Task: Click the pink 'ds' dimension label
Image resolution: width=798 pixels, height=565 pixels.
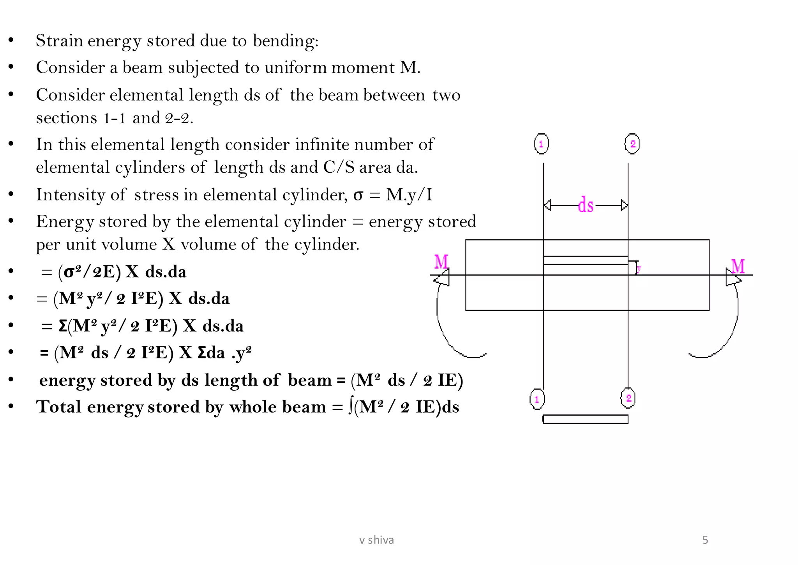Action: tap(586, 205)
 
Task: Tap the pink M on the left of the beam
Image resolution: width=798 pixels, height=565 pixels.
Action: tap(441, 262)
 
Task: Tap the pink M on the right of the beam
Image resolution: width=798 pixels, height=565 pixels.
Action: tap(738, 267)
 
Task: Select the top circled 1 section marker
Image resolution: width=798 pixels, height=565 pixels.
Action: tap(541, 144)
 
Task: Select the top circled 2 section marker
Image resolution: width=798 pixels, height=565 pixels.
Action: tap(632, 144)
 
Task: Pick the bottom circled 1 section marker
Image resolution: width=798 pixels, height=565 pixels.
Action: tap(537, 399)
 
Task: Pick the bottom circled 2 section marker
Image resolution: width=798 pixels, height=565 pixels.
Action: tap(628, 398)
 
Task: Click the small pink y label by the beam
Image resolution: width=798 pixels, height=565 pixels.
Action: tap(639, 268)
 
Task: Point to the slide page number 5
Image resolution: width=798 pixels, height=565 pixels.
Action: tap(705, 540)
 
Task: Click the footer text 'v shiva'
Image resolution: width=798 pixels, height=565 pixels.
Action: tap(376, 540)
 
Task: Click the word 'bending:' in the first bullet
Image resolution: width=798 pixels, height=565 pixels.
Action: tap(286, 41)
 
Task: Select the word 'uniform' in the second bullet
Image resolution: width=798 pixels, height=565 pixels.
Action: tap(296, 68)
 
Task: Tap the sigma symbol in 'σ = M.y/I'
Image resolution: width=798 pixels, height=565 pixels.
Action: tap(358, 195)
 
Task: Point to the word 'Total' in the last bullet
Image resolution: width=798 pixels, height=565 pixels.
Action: tap(59, 407)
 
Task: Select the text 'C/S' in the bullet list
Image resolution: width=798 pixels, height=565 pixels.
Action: tap(339, 167)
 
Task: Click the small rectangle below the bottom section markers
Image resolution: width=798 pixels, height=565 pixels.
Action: tap(585, 419)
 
